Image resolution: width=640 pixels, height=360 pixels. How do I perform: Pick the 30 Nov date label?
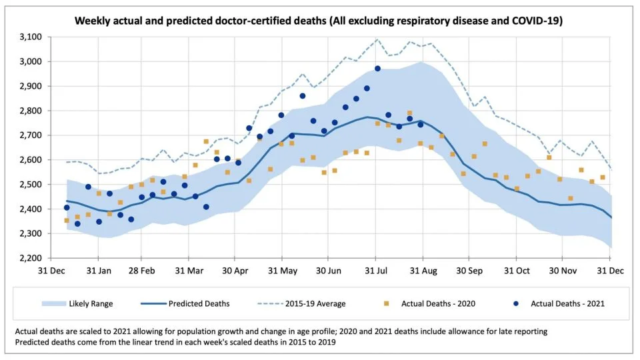pyautogui.click(x=563, y=272)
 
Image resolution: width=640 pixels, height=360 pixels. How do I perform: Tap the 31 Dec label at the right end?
pyautogui.click(x=609, y=272)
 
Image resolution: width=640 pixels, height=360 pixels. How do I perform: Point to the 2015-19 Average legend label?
pyautogui.click(x=316, y=304)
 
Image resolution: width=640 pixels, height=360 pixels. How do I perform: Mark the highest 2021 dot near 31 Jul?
pyautogui.click(x=377, y=68)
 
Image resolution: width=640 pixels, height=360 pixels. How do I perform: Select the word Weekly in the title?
pyautogui.click(x=92, y=21)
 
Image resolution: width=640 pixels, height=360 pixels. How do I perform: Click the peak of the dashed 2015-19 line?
pyautogui.click(x=377, y=39)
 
